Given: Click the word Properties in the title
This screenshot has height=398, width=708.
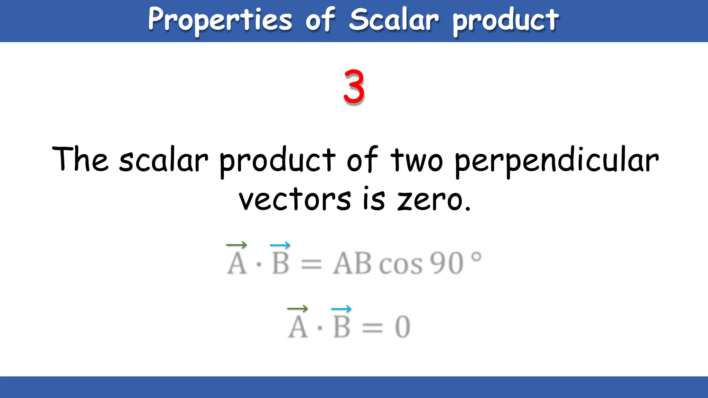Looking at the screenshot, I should (220, 20).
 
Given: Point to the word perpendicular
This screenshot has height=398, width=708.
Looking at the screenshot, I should (557, 160).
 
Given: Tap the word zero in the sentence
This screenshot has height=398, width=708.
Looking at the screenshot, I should (430, 200).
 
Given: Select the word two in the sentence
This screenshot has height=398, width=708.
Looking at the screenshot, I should (417, 160).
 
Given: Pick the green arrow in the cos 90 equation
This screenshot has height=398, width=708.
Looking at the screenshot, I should (236, 245).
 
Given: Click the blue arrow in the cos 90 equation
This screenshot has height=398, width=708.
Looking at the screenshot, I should (280, 245).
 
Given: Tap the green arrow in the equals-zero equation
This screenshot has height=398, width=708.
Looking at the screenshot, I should (297, 308).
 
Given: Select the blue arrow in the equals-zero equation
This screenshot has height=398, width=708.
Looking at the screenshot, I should (341, 309).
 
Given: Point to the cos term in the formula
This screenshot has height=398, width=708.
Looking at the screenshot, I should (401, 265).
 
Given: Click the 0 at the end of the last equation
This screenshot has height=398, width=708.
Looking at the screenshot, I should (402, 327).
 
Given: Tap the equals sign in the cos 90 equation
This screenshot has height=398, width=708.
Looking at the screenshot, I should (311, 265).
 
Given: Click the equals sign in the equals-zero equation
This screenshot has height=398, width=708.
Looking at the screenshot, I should (372, 328).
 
